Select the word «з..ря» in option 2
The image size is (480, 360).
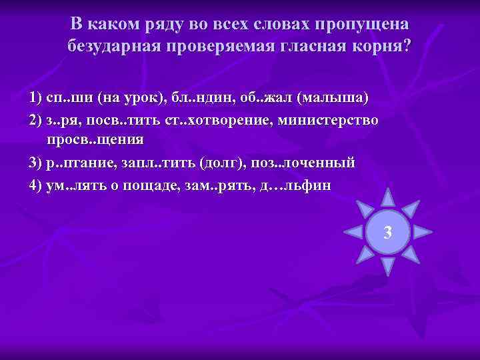tap(63, 120)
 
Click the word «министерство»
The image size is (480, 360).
tap(329, 120)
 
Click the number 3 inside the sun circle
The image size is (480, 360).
tap(387, 233)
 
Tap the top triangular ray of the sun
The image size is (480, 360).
tap(387, 197)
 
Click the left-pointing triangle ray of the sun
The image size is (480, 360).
tap(352, 232)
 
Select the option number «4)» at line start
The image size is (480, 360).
tap(36, 185)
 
